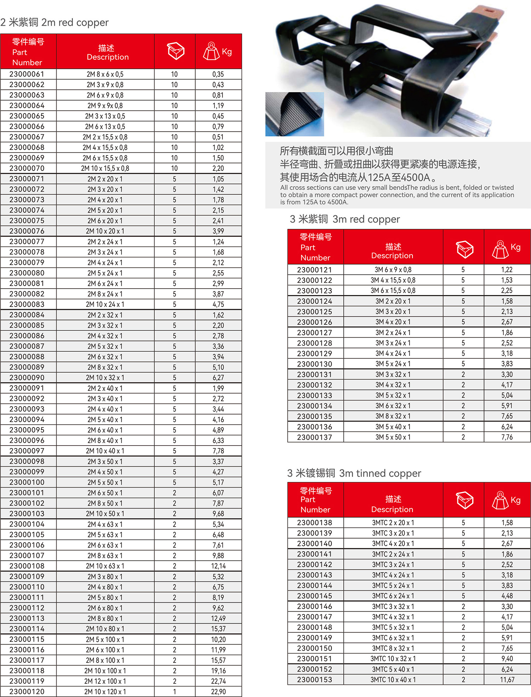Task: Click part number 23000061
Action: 27,74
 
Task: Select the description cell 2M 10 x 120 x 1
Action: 105,692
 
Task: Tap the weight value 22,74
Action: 218,681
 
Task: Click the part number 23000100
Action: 27,482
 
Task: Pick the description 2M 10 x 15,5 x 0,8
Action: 105,168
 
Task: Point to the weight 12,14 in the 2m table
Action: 218,566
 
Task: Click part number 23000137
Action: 315,437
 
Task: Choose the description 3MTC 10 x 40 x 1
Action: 393,680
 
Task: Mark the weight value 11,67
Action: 507,680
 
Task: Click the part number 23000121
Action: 315,270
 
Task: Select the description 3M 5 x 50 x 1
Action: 393,437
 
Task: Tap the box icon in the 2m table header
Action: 176,51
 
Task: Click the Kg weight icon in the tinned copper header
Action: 500,500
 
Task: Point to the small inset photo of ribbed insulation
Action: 295,114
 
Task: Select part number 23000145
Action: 315,596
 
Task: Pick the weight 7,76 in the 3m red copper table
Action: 507,437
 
